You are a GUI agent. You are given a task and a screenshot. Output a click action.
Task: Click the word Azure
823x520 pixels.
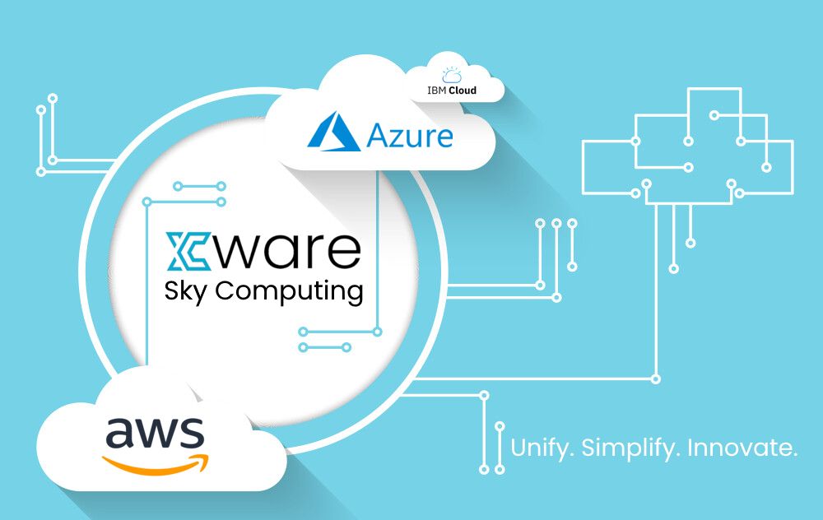pos(409,136)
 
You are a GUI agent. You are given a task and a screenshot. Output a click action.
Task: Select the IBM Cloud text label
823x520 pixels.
pos(451,91)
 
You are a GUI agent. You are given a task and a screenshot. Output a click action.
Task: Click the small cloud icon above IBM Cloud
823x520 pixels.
pos(452,75)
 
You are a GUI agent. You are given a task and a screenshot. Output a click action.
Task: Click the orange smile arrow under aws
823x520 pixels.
pos(156,464)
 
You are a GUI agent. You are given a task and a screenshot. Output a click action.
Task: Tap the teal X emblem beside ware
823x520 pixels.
pos(188,251)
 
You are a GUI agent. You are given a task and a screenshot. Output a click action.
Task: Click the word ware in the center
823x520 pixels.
pos(287,251)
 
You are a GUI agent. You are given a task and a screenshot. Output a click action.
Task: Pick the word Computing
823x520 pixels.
pos(289,292)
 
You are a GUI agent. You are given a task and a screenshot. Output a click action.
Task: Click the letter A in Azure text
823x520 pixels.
pos(378,136)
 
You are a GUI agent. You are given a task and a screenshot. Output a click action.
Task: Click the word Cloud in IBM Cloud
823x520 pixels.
pos(463,91)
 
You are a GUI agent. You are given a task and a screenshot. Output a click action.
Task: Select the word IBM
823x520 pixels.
pos(436,91)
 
